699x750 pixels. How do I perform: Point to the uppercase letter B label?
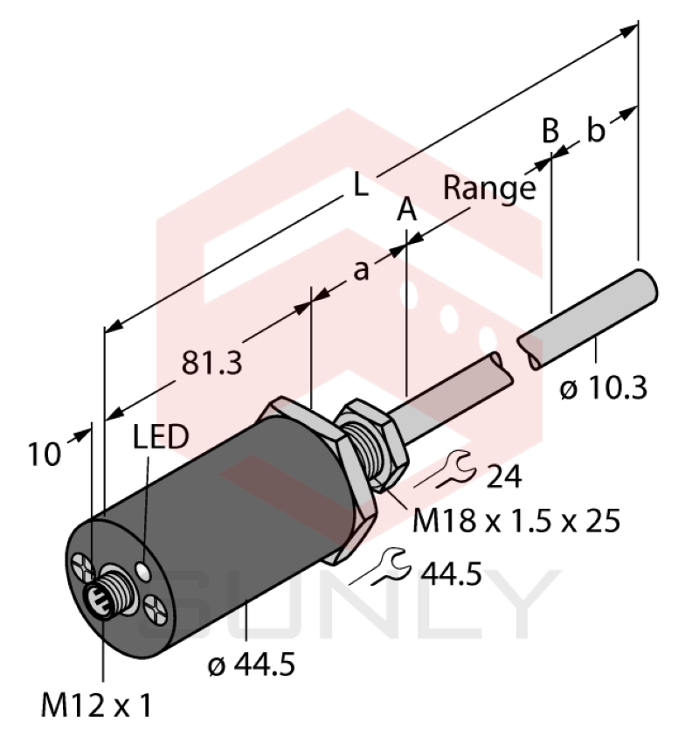tap(550, 131)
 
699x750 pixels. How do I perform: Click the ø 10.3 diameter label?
tap(604, 387)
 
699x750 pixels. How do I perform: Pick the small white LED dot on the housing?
tap(143, 571)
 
